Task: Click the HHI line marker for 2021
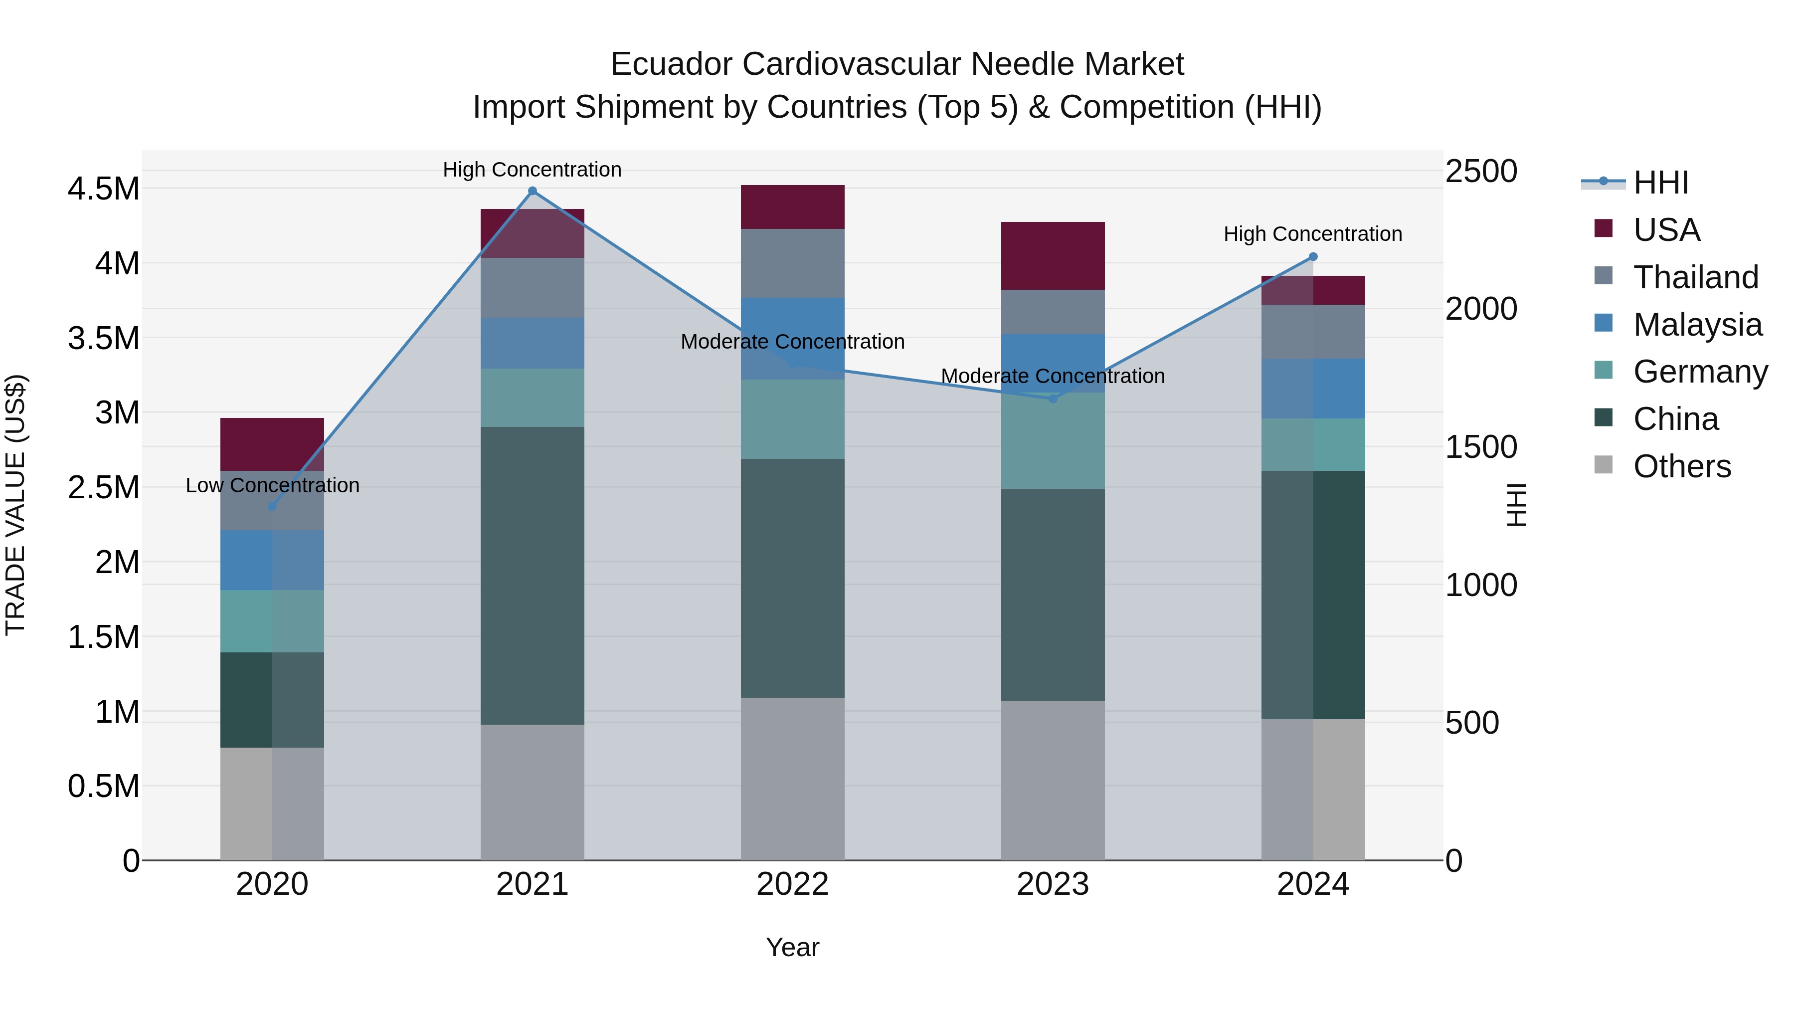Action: coord(533,191)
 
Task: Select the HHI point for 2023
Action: coord(1053,399)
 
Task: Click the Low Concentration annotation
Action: coord(272,485)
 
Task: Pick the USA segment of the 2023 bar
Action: coord(1053,256)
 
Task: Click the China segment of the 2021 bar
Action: coord(533,576)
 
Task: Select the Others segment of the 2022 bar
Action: coord(792,779)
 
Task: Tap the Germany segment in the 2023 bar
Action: coord(1053,440)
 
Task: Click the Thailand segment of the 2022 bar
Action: coord(792,263)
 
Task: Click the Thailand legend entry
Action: coord(1695,277)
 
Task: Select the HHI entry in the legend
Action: coord(1660,183)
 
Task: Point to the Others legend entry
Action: coord(1681,466)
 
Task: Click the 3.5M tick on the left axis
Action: coord(103,339)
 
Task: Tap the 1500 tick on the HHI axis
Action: coord(1481,447)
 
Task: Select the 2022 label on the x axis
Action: coord(792,884)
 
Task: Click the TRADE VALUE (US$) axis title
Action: coord(15,505)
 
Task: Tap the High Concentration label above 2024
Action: coord(1313,234)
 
